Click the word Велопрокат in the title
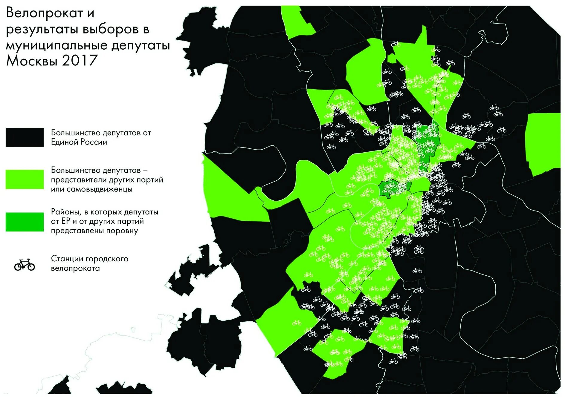[x=44, y=13]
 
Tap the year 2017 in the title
[x=80, y=61]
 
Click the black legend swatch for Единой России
[x=25, y=137]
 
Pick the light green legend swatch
[x=25, y=179]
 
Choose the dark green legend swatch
[x=25, y=222]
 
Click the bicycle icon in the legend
[x=25, y=265]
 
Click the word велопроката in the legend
[x=75, y=268]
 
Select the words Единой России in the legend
[x=79, y=142]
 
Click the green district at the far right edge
[x=543, y=143]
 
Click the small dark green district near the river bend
[x=388, y=188]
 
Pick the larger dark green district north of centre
[x=428, y=143]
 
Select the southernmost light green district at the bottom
[x=338, y=355]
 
